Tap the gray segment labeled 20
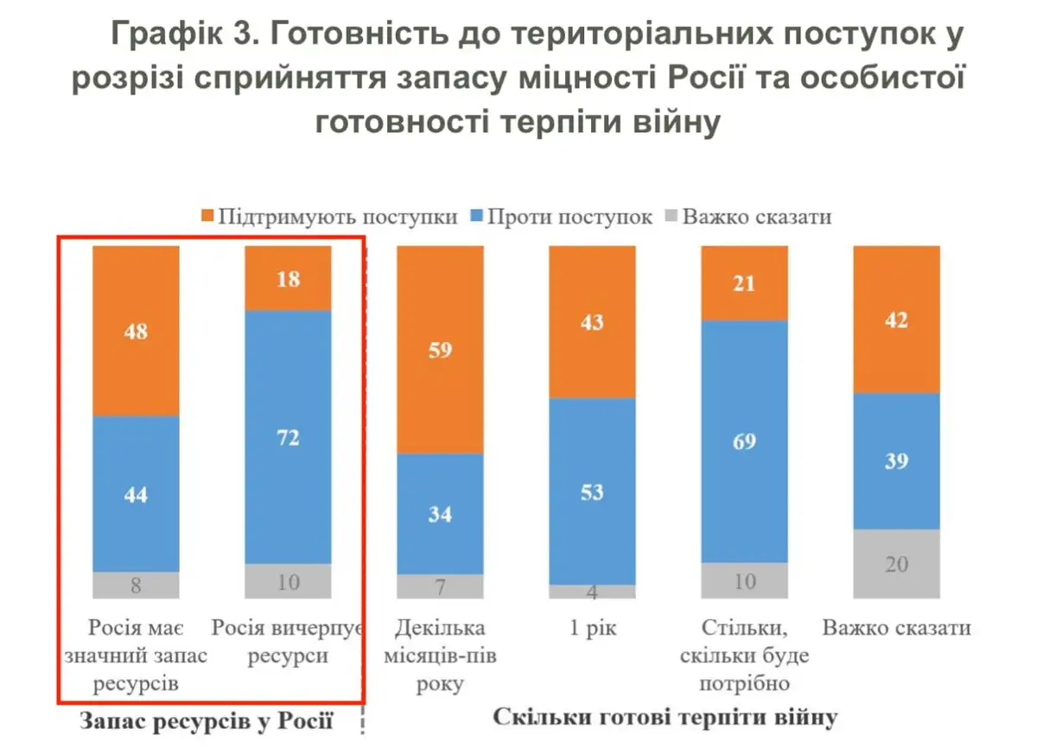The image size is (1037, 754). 895,563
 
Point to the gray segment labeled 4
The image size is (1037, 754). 592,592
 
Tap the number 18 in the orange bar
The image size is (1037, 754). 288,279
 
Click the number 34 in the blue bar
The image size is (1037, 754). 440,515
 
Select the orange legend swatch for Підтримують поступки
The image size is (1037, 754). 206,216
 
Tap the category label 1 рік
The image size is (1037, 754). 593,628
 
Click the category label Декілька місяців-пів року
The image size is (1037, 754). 440,656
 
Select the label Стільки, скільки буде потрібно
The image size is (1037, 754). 744,656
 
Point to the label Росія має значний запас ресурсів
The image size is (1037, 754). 136,656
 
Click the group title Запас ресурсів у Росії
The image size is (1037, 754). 207,720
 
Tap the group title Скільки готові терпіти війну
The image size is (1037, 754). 665,718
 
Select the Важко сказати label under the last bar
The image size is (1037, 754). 896,628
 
